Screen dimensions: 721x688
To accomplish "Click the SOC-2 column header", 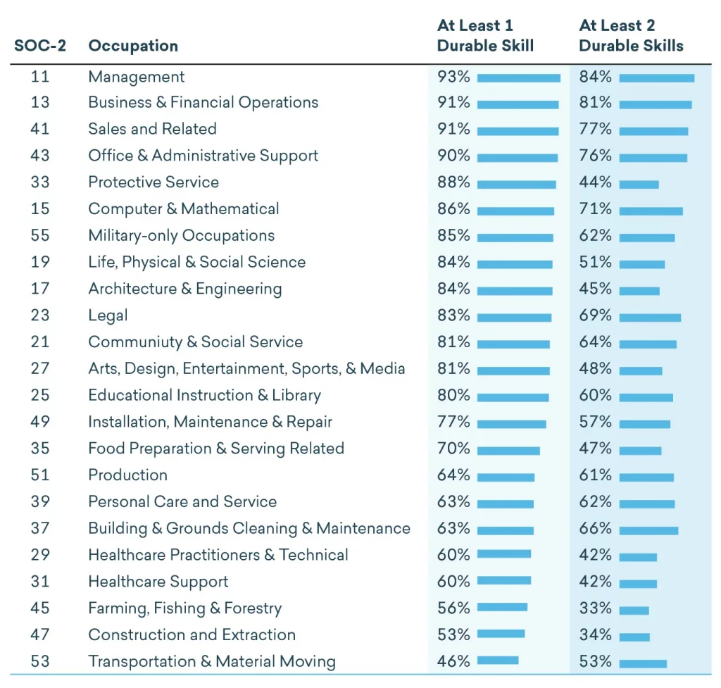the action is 40,46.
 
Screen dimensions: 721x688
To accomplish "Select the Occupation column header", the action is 133,46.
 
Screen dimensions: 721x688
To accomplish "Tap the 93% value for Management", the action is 453,76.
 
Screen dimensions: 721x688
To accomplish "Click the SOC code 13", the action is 40,102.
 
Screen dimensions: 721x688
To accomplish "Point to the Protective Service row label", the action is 153,182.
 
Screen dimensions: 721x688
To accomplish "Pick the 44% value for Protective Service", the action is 596,182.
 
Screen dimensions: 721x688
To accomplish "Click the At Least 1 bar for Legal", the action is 514,318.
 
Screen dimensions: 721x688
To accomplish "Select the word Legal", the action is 108,315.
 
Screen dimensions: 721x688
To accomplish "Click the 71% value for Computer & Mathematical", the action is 596,208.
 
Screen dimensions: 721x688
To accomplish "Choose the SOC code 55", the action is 40,235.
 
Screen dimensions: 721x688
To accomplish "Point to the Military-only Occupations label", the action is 182,235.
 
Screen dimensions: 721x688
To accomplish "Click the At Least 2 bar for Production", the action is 646,478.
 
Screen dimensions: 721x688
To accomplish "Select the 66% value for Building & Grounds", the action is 596,528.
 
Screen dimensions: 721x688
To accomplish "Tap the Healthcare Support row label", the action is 158,582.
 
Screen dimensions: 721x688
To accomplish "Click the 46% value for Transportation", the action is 453,661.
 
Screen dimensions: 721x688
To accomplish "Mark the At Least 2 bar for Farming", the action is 634,611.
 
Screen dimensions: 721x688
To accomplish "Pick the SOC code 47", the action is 40,634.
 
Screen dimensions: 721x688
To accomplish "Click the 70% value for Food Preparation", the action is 453,449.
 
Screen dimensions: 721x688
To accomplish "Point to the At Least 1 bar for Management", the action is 519,78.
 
